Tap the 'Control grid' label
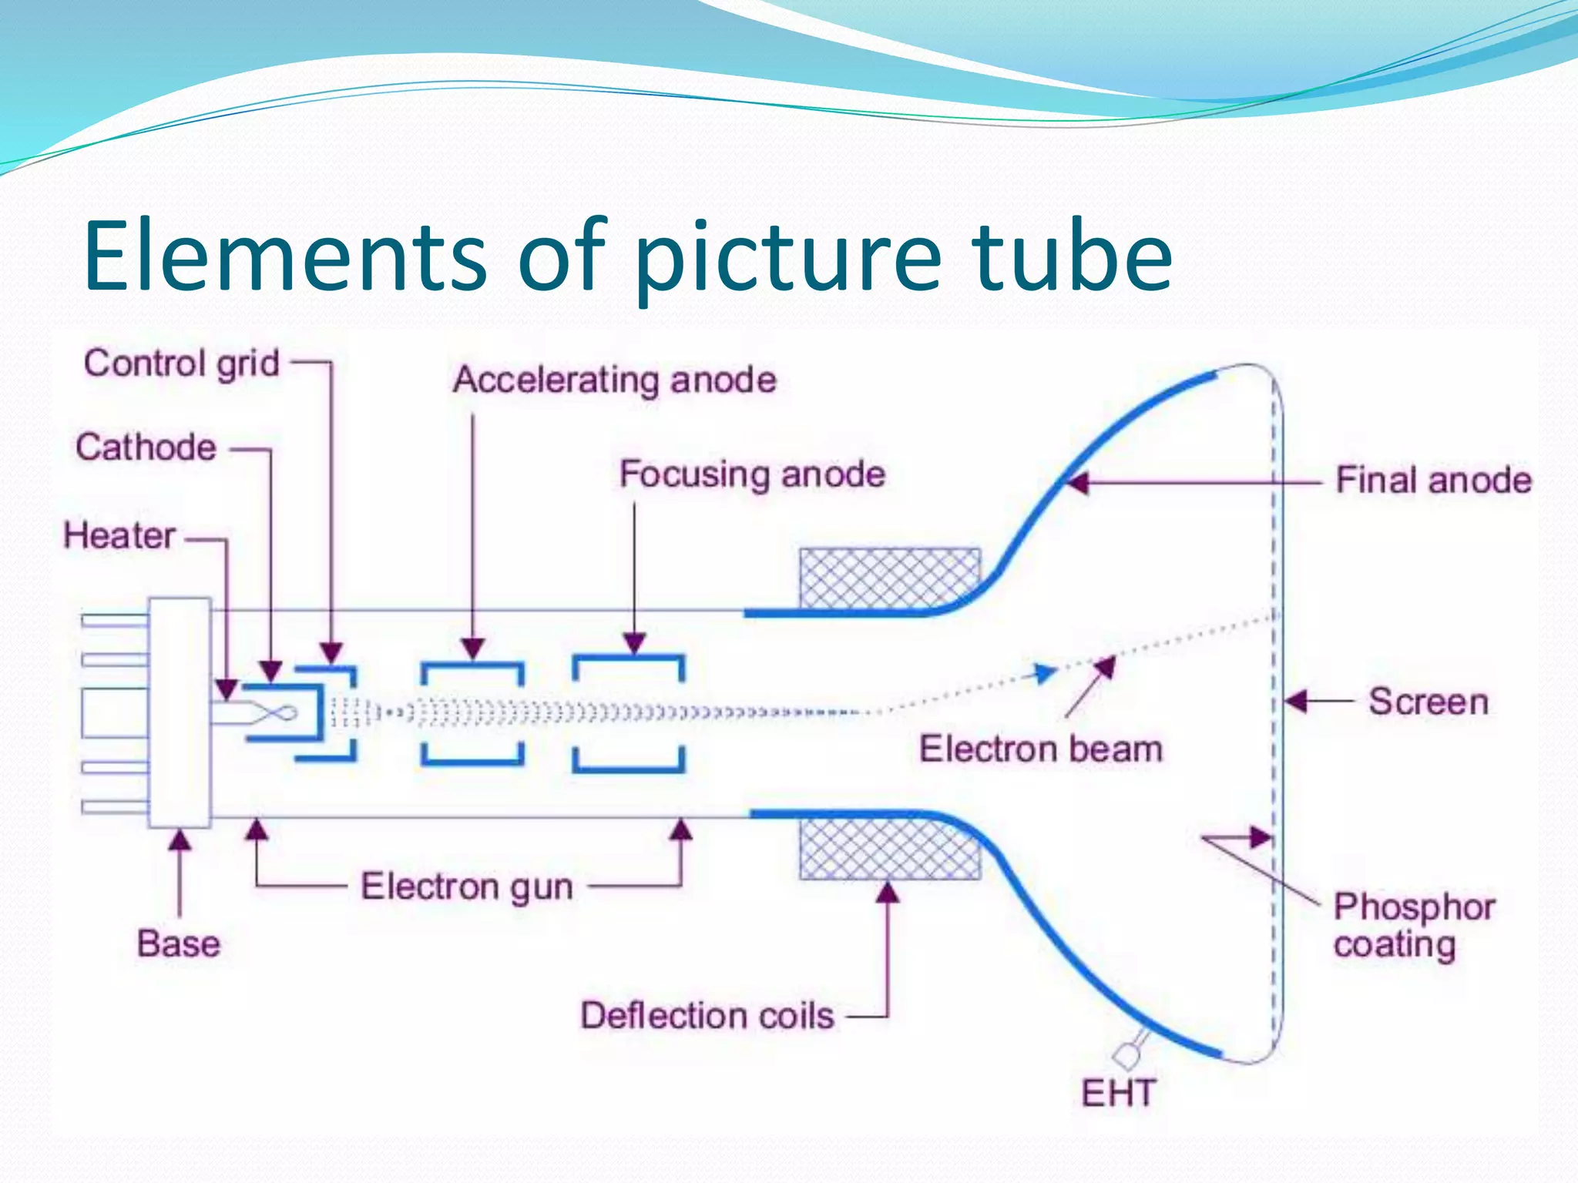pos(182,364)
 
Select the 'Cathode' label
pos(146,447)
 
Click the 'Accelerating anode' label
pos(614,380)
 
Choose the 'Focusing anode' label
pos(752,474)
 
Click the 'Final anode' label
pos(1433,481)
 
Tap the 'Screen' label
pos(1428,702)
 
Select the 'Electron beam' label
pos(1040,749)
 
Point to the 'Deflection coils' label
pos(707,1016)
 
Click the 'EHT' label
pos(1118,1094)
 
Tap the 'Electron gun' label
pos(467,886)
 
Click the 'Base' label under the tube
pos(179,944)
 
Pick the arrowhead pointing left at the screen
pos(1296,702)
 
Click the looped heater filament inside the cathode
pos(277,714)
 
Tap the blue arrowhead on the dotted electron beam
pos(1044,674)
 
